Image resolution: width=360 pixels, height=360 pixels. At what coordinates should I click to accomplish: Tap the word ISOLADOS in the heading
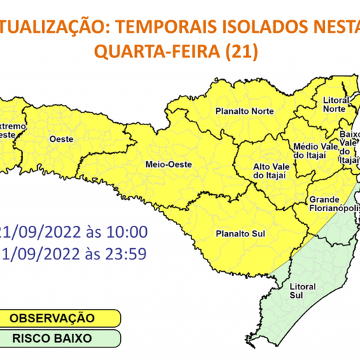coord(245,27)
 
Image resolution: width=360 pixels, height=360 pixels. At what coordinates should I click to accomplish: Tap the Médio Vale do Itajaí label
coord(311,150)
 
